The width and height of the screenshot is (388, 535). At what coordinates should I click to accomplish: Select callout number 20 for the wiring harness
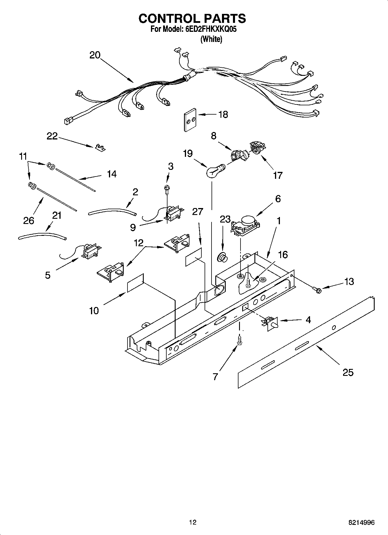pos(95,55)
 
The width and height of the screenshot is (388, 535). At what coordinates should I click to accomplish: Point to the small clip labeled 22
pos(100,148)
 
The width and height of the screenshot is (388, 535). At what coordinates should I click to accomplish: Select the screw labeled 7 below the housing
pos(239,340)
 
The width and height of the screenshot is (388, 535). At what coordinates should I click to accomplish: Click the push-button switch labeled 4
pos(271,323)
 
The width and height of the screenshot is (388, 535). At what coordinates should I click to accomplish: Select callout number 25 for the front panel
pos(348,372)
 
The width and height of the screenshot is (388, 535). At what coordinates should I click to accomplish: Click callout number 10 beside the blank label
pos(94,311)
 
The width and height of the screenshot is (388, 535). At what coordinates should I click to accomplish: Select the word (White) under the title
pos(211,39)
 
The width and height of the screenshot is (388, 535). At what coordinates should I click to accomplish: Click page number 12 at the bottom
pos(192,522)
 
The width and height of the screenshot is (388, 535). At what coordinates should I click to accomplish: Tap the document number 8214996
pos(361,523)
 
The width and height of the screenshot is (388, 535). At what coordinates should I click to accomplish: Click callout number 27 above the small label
pos(198,212)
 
